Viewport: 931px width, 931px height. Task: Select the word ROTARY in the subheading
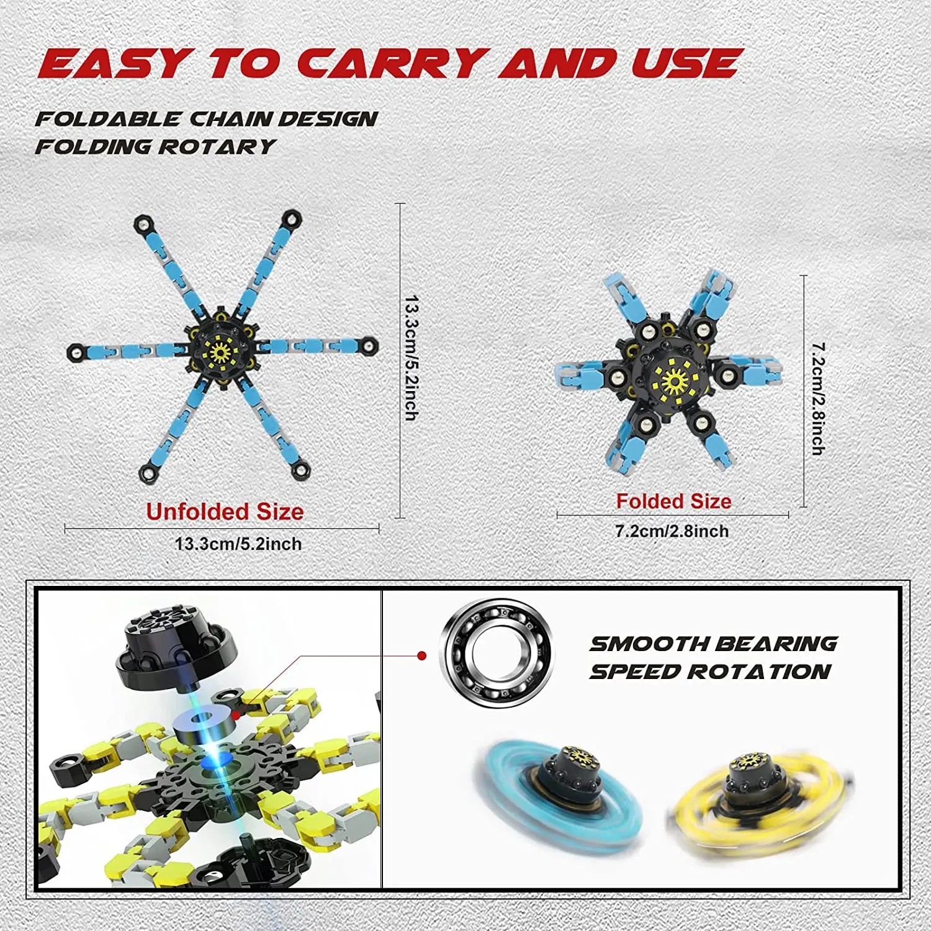click(217, 146)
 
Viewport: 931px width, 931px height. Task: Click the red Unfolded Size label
click(225, 511)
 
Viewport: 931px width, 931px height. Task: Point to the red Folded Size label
click(673, 501)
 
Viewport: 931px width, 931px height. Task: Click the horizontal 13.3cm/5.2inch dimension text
click(238, 544)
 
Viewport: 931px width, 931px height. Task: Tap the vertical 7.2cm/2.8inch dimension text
click(819, 398)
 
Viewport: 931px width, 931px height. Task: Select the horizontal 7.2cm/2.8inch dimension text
click(672, 531)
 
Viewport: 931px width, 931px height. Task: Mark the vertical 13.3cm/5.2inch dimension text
click(412, 358)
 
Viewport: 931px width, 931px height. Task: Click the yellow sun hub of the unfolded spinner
click(220, 352)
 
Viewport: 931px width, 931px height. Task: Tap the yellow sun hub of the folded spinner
click(674, 380)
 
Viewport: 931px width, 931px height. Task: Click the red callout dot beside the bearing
click(422, 655)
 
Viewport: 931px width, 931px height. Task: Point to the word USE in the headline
click(686, 63)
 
